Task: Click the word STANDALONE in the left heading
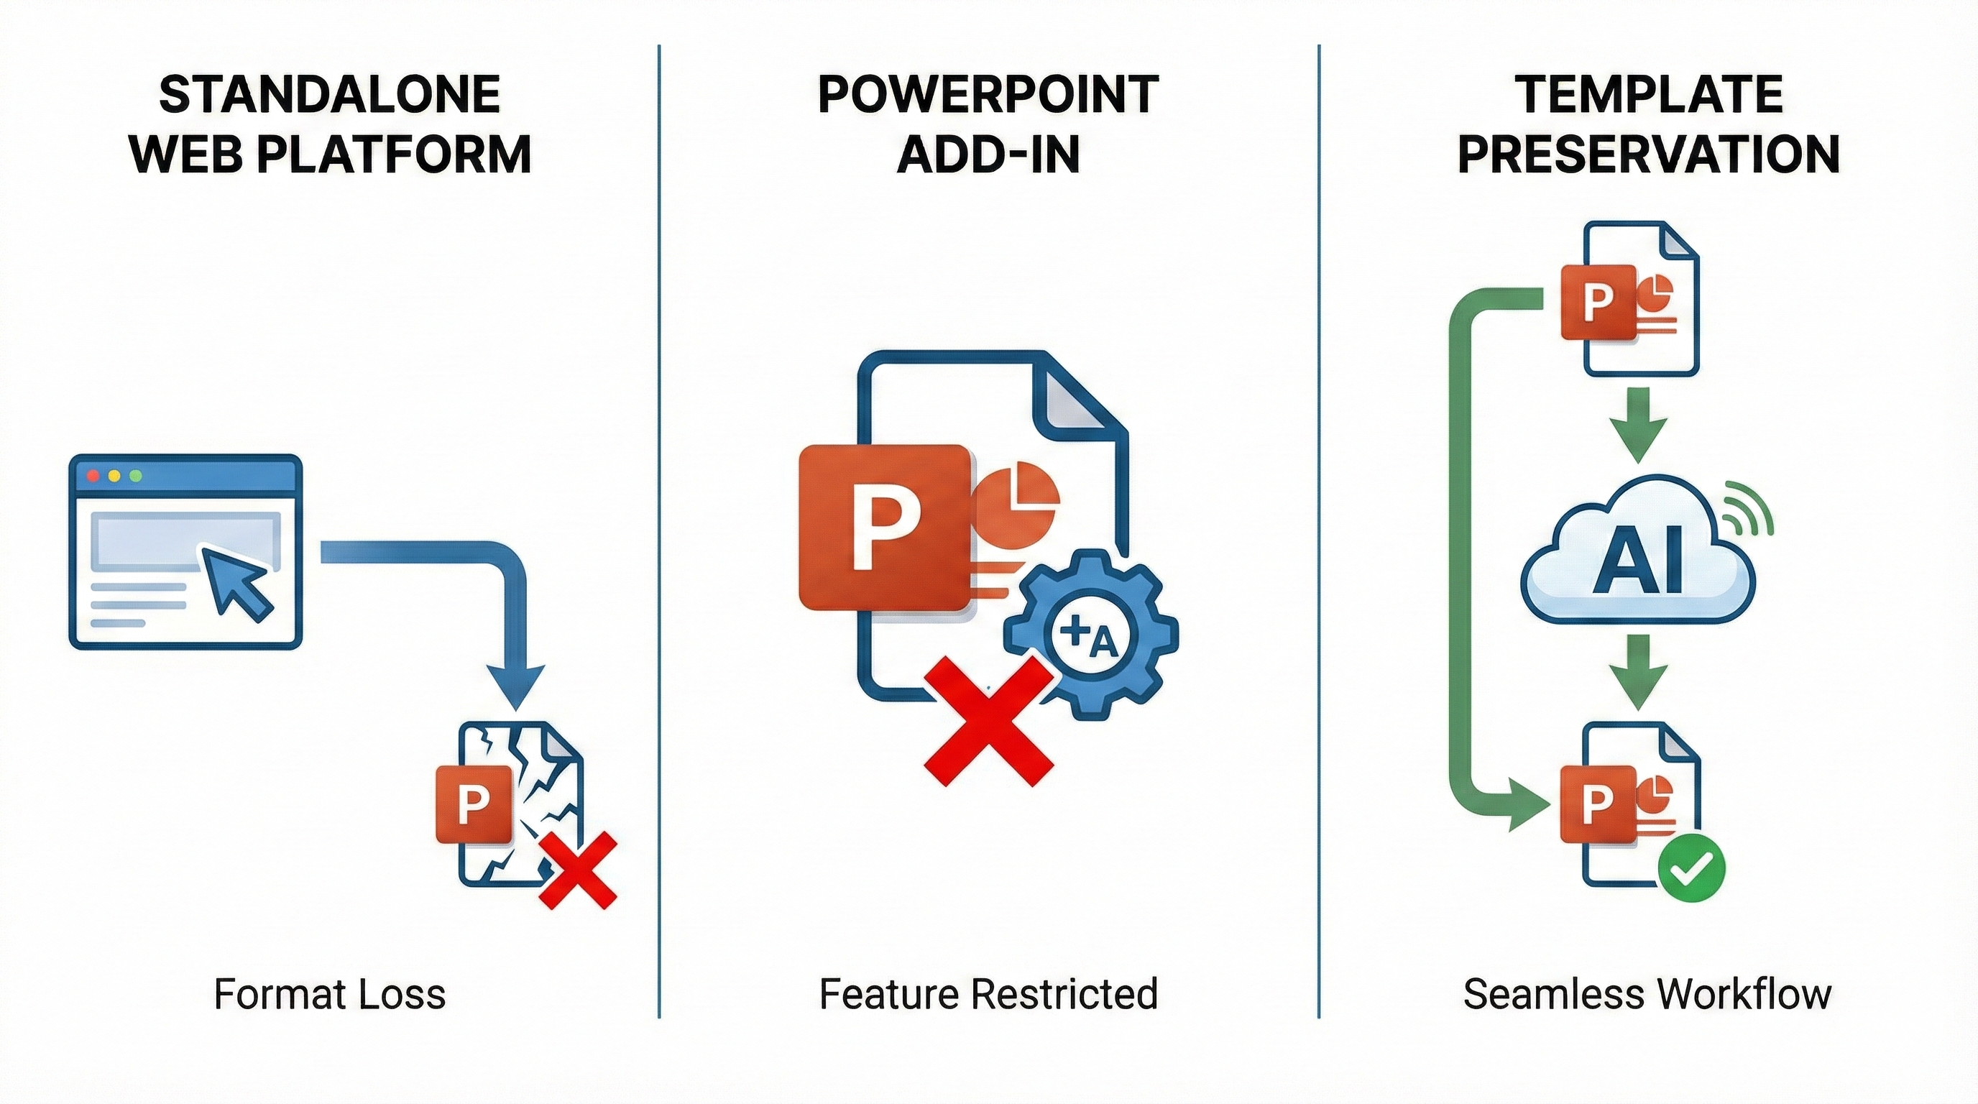(x=329, y=95)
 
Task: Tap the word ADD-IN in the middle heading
(x=988, y=155)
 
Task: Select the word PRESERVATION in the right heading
(x=1648, y=155)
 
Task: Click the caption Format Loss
(x=329, y=994)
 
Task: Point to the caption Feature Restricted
(x=988, y=994)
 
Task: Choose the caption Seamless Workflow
(x=1648, y=994)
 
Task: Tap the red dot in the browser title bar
(x=93, y=476)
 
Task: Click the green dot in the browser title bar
(x=136, y=476)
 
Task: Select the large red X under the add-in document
(x=988, y=722)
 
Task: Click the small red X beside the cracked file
(x=577, y=870)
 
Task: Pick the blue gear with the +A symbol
(x=1090, y=633)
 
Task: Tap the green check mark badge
(x=1692, y=870)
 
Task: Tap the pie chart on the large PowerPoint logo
(x=1018, y=495)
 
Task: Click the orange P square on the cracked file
(x=474, y=804)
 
